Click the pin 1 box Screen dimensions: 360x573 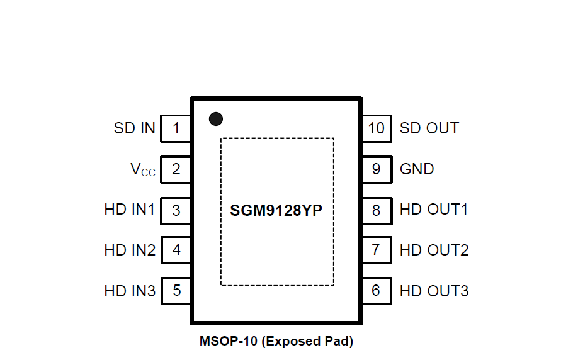(176, 128)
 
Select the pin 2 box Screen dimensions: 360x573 (176, 169)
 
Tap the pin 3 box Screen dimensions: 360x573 (176, 210)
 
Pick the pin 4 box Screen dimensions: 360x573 (176, 250)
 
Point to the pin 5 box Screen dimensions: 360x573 (176, 291)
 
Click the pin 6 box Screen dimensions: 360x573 (377, 291)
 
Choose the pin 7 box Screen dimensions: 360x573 (377, 250)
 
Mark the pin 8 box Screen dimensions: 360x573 (377, 210)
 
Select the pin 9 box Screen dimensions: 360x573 (377, 169)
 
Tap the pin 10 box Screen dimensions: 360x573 (377, 128)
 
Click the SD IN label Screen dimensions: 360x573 (134, 128)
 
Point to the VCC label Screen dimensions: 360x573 (142, 170)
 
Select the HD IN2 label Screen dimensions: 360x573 (130, 250)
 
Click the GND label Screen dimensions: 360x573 (417, 169)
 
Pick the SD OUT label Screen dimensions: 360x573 (429, 128)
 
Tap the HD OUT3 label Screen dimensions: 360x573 (434, 291)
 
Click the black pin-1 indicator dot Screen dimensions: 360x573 (216, 118)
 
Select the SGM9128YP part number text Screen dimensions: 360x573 (276, 210)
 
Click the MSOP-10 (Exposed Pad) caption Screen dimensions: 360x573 (276, 342)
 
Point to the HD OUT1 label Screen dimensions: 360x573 (434, 210)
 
